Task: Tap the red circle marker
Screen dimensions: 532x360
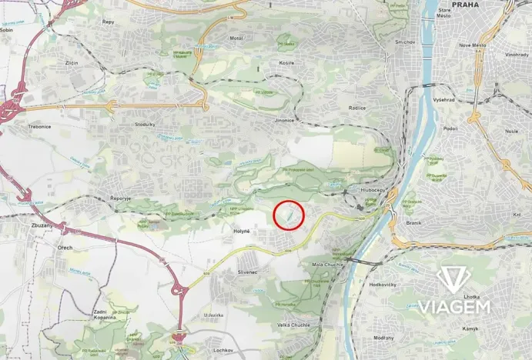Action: coord(289,215)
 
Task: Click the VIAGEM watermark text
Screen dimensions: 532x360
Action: coord(453,307)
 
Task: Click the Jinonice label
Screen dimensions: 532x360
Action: coord(285,120)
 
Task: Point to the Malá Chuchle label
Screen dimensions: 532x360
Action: coord(327,264)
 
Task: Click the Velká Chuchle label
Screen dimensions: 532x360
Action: coord(293,325)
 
